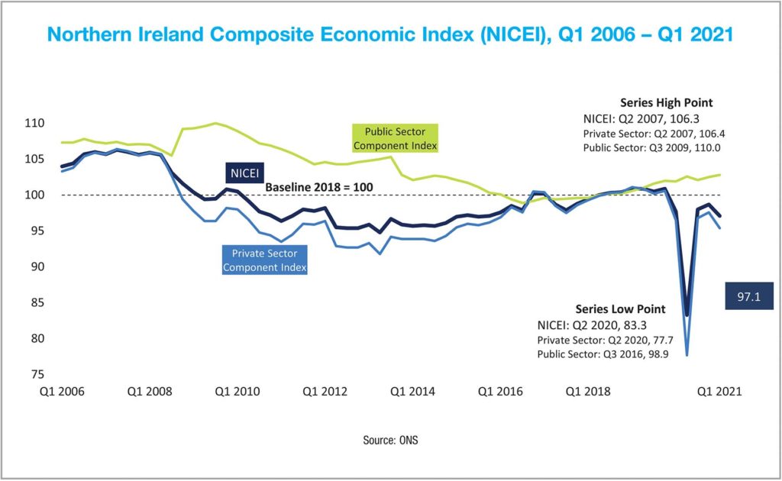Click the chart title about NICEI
(390, 35)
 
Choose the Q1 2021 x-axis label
(718, 391)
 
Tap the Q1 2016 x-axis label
(501, 391)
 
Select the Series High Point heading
(666, 103)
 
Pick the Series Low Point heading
(621, 309)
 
